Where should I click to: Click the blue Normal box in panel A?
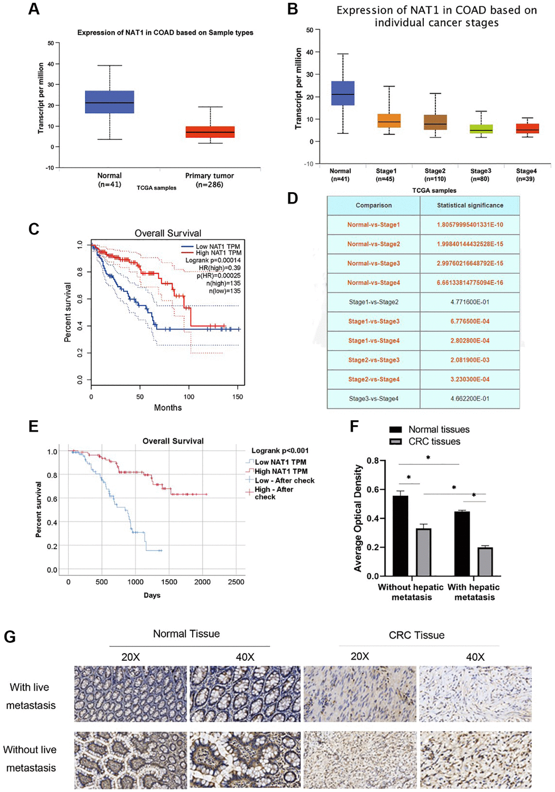point(109,102)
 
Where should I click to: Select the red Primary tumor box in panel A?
point(210,132)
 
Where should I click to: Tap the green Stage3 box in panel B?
point(480,129)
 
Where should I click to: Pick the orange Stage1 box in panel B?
point(389,121)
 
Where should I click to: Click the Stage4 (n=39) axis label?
point(526,175)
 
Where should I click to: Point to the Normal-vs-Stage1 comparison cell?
point(373,225)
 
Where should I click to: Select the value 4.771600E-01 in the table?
point(470,302)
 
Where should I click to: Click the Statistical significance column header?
point(470,206)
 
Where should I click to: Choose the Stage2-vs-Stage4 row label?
point(373,379)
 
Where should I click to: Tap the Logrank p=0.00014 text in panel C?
point(213,261)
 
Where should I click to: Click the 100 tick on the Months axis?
point(189,397)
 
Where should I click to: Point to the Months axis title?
point(168,408)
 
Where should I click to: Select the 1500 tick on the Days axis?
point(169,582)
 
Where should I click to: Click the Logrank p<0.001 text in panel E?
point(280,451)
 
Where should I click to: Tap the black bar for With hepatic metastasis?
point(462,544)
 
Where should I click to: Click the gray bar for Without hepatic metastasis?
point(423,552)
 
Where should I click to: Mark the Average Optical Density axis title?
point(357,518)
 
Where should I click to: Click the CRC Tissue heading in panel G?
point(416,635)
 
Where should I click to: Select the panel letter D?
point(293,198)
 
